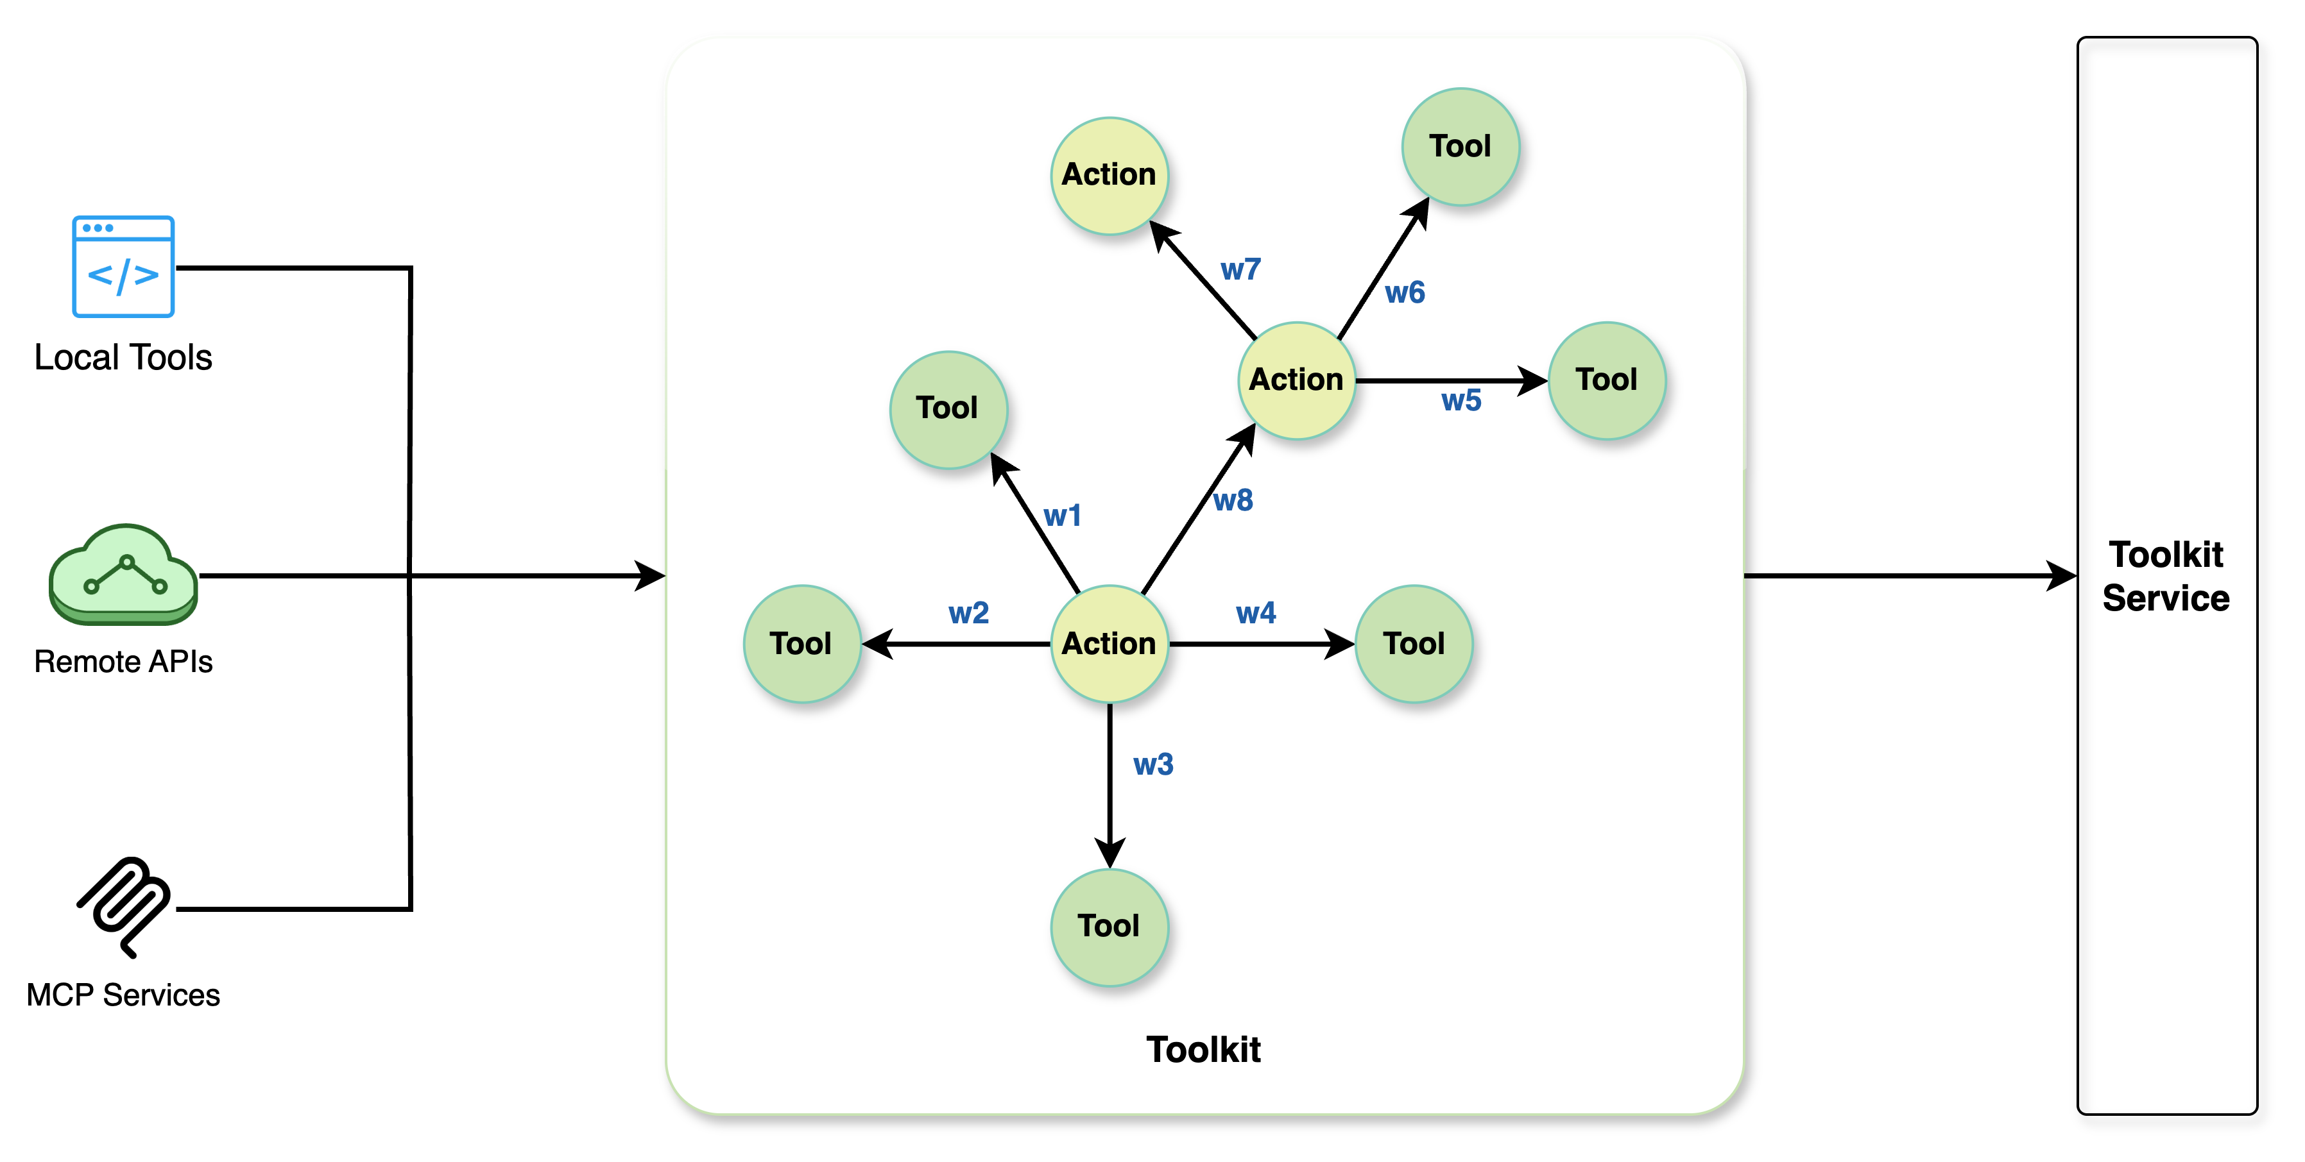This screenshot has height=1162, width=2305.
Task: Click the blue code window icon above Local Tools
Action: pyautogui.click(x=123, y=267)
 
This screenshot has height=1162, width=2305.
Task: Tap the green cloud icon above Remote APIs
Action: pyautogui.click(x=123, y=575)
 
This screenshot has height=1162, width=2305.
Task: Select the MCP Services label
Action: pyautogui.click(x=124, y=997)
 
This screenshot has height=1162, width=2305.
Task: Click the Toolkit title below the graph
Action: pyautogui.click(x=1203, y=1049)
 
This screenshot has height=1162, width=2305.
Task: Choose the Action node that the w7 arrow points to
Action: pyautogui.click(x=1109, y=175)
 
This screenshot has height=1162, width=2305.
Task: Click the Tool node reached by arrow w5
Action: pyautogui.click(x=1606, y=380)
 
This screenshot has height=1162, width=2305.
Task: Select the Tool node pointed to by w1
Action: pyautogui.click(x=948, y=408)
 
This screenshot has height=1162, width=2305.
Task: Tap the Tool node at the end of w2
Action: pyautogui.click(x=801, y=644)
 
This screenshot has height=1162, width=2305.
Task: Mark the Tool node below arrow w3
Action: pyautogui.click(x=1109, y=927)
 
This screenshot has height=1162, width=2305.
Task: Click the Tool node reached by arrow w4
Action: pyautogui.click(x=1414, y=644)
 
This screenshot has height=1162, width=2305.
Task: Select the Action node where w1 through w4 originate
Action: pyautogui.click(x=1109, y=644)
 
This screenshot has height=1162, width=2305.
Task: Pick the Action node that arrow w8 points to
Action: pyautogui.click(x=1296, y=380)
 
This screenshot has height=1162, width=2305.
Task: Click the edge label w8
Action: pyautogui.click(x=1233, y=501)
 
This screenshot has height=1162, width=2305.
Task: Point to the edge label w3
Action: pyautogui.click(x=1152, y=765)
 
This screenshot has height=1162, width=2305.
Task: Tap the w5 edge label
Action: pyautogui.click(x=1461, y=401)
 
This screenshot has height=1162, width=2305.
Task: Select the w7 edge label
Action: pyautogui.click(x=1240, y=269)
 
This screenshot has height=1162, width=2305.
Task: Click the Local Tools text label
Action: pyautogui.click(x=124, y=358)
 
